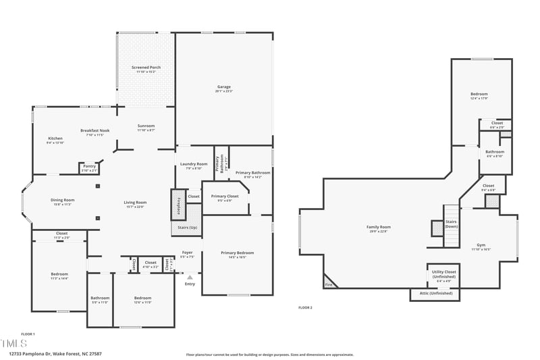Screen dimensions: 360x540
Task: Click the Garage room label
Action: pyautogui.click(x=224, y=86)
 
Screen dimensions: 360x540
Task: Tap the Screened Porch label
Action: pyautogui.click(x=146, y=67)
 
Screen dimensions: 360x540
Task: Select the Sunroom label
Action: pyautogui.click(x=146, y=126)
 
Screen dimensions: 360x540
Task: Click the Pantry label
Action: pyautogui.click(x=89, y=166)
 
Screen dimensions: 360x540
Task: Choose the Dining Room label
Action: pyautogui.click(x=62, y=200)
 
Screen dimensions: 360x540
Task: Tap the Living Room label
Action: pyautogui.click(x=135, y=203)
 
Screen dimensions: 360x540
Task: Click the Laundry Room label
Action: pyautogui.click(x=194, y=164)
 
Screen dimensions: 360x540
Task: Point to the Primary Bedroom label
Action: pyautogui.click(x=238, y=253)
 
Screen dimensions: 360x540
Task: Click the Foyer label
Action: pyautogui.click(x=188, y=253)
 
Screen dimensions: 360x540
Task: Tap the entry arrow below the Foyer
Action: pyautogui.click(x=190, y=277)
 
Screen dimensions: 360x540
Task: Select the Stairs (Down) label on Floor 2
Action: pyautogui.click(x=451, y=224)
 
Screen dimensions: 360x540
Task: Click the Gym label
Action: pyautogui.click(x=481, y=245)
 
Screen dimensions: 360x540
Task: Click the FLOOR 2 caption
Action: pyautogui.click(x=305, y=307)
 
